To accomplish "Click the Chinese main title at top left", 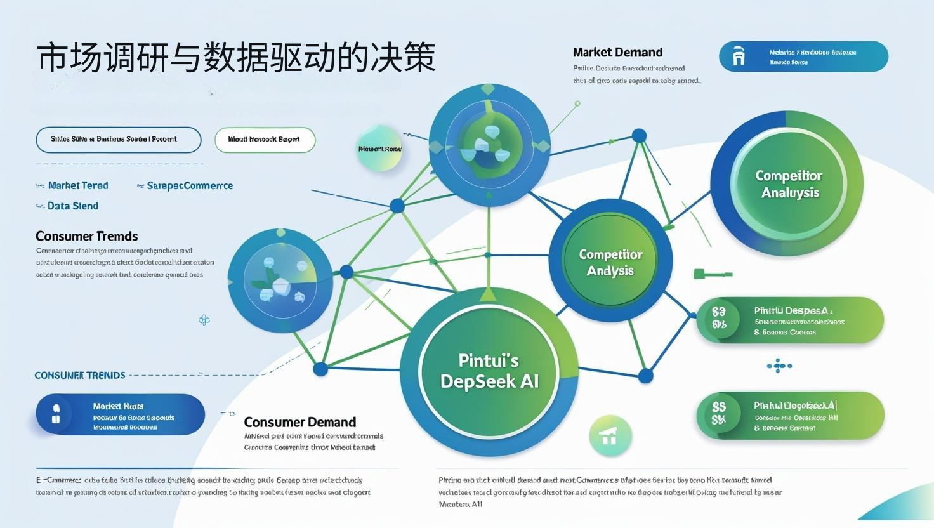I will [236, 58].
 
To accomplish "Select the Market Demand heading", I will [617, 53].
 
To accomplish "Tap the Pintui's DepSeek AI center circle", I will [489, 371].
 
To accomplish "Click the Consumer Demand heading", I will [299, 422].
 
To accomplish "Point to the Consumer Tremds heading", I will [86, 236].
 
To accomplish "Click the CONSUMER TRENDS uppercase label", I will [79, 375].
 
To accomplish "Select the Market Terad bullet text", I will [78, 185].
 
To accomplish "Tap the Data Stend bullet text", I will [72, 206].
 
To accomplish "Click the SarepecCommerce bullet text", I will [190, 185].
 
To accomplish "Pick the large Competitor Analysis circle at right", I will [788, 184].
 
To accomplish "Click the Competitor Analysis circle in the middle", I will [610, 262].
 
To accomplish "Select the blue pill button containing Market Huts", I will [121, 414].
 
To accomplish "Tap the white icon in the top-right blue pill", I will [739, 56].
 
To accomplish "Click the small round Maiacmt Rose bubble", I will [379, 149].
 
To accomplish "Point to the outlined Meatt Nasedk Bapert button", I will [265, 140].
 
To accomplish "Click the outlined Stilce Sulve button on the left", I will [119, 140].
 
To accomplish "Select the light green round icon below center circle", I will [609, 436].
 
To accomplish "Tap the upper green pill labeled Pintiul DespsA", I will [790, 320].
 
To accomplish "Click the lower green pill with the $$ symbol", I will [790, 416].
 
